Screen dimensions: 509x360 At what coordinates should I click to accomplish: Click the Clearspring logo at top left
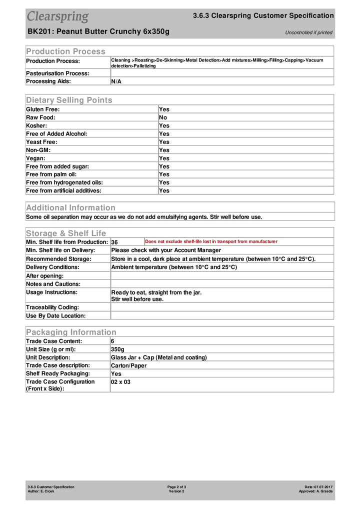tap(57, 16)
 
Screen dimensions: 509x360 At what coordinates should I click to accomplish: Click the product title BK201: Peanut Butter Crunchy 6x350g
tap(98, 31)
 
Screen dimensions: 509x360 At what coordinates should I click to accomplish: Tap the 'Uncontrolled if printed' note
tap(308, 32)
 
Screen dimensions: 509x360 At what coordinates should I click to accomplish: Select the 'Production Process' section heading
tap(65, 51)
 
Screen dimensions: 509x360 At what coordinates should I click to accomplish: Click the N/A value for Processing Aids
tap(116, 81)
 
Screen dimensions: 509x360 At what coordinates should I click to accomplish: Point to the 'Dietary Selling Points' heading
tap(69, 100)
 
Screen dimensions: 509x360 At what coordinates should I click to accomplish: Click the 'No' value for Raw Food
tap(163, 117)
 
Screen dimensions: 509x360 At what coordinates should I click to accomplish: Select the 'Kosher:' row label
tap(36, 125)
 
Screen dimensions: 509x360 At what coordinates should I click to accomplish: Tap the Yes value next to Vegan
tap(164, 158)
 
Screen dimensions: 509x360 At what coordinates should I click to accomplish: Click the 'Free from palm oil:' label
tap(51, 174)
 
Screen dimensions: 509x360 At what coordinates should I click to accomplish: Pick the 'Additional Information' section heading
tap(70, 207)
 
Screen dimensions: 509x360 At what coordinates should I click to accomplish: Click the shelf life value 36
tap(114, 242)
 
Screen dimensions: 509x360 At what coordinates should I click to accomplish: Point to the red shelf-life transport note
tap(211, 241)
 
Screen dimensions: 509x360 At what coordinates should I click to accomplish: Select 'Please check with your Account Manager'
tap(166, 250)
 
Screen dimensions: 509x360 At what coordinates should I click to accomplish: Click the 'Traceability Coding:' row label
tap(52, 307)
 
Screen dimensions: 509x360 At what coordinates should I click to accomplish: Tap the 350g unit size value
tap(117, 349)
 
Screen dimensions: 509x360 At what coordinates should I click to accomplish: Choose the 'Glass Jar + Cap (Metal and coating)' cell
tap(158, 357)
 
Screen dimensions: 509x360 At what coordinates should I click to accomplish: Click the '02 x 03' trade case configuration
tap(120, 381)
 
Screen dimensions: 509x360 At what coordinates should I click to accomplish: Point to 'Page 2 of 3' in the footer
tap(177, 486)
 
